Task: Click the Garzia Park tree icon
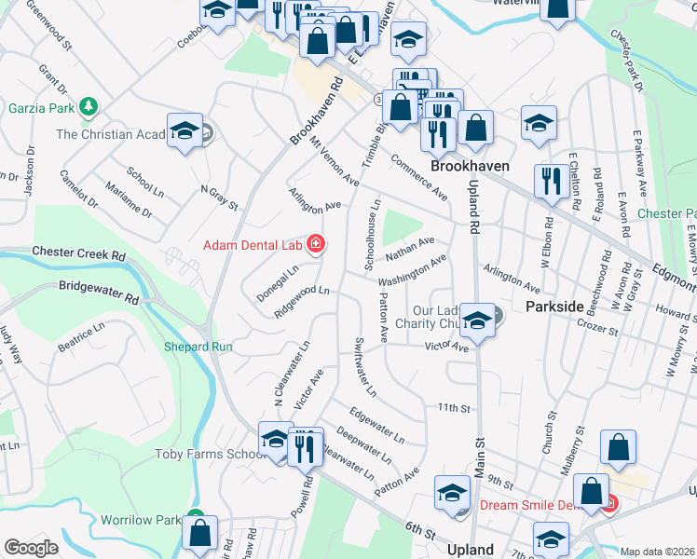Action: pos(89,107)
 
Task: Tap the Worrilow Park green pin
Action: pos(194,516)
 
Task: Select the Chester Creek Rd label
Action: pos(78,253)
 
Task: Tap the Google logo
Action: pos(31,547)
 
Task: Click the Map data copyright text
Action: pos(658,552)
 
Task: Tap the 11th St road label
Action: pos(452,408)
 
